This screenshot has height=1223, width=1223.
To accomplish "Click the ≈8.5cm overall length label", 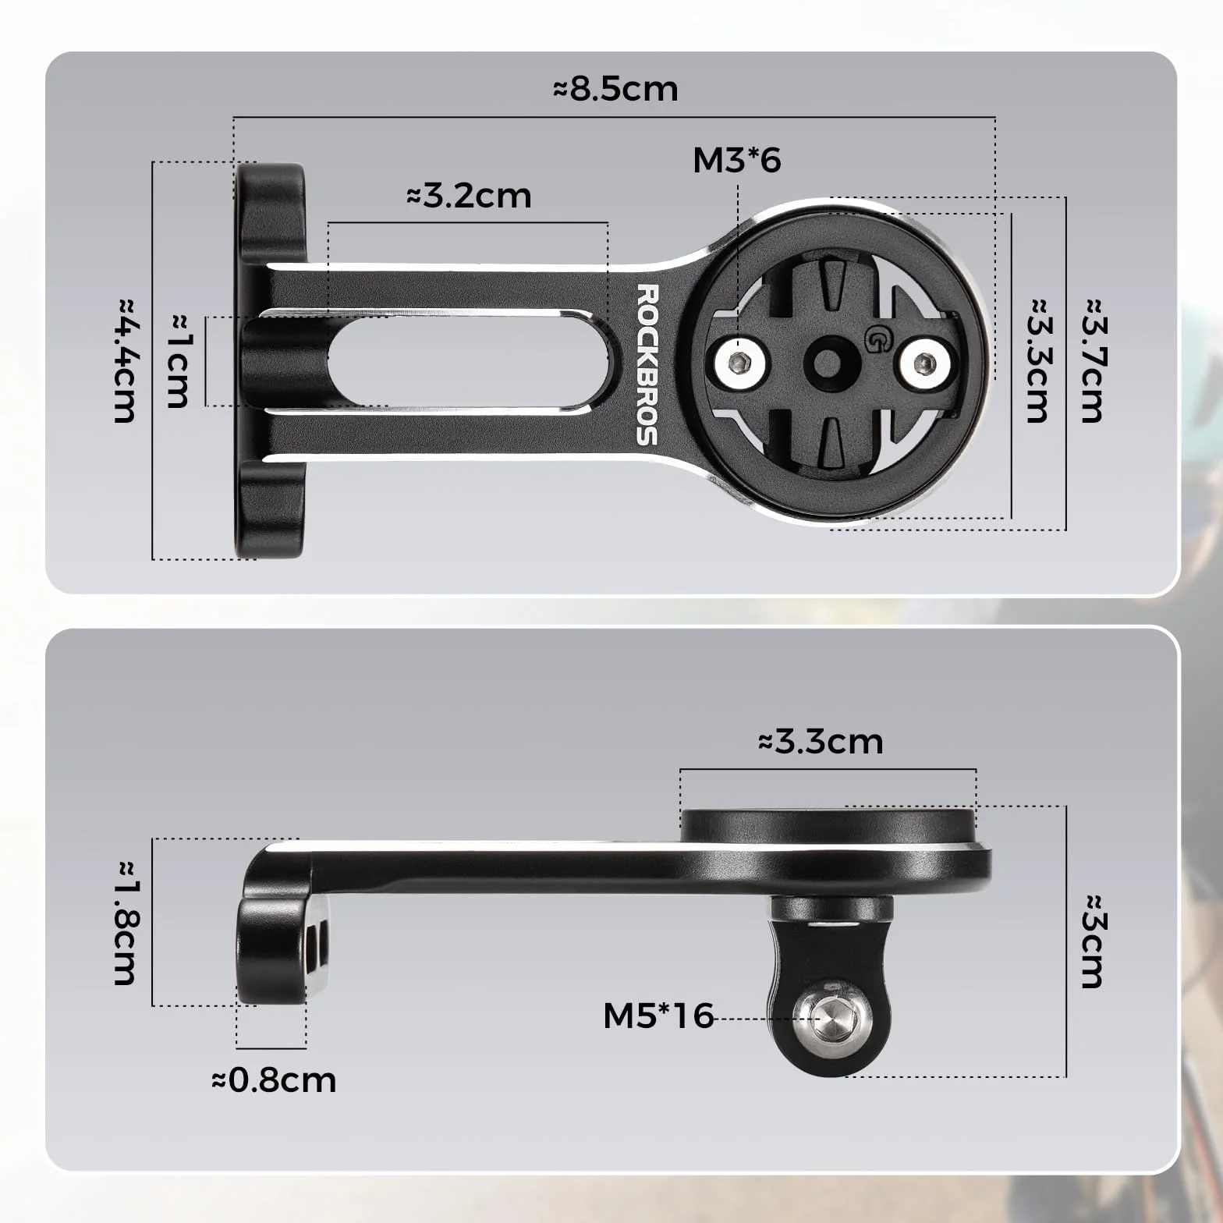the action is pyautogui.click(x=615, y=89).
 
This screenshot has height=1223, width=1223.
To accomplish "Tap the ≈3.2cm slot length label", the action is pyautogui.click(x=469, y=195).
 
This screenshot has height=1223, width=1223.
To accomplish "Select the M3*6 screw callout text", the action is pyautogui.click(x=736, y=160).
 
